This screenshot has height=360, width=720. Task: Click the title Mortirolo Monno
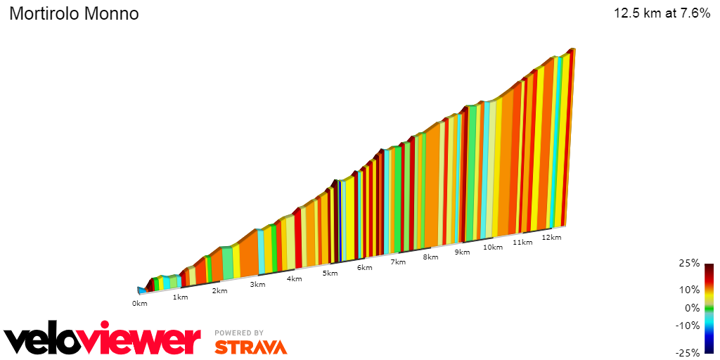(74, 14)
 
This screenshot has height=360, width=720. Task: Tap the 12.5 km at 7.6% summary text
(662, 13)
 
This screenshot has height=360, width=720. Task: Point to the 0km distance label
(139, 303)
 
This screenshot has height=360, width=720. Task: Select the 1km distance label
(181, 297)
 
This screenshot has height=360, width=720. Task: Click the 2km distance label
(219, 290)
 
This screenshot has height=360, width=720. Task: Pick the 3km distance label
(257, 284)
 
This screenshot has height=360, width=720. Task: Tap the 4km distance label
(294, 278)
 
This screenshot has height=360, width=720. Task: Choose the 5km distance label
(330, 273)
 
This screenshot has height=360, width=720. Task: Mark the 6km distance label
(364, 267)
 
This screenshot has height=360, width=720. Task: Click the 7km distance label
(398, 262)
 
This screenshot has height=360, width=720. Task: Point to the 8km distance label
(430, 257)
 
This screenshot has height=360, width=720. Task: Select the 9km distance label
(462, 252)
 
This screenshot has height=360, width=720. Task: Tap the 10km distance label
(493, 247)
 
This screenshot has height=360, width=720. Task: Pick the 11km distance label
(522, 242)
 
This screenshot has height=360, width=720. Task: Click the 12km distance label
(552, 237)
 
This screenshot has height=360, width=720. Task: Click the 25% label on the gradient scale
(690, 263)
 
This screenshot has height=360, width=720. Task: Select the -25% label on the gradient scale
(688, 353)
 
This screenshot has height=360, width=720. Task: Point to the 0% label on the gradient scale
(693, 307)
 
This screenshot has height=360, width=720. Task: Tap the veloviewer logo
(103, 341)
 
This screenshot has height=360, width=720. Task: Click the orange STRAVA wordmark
(250, 347)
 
